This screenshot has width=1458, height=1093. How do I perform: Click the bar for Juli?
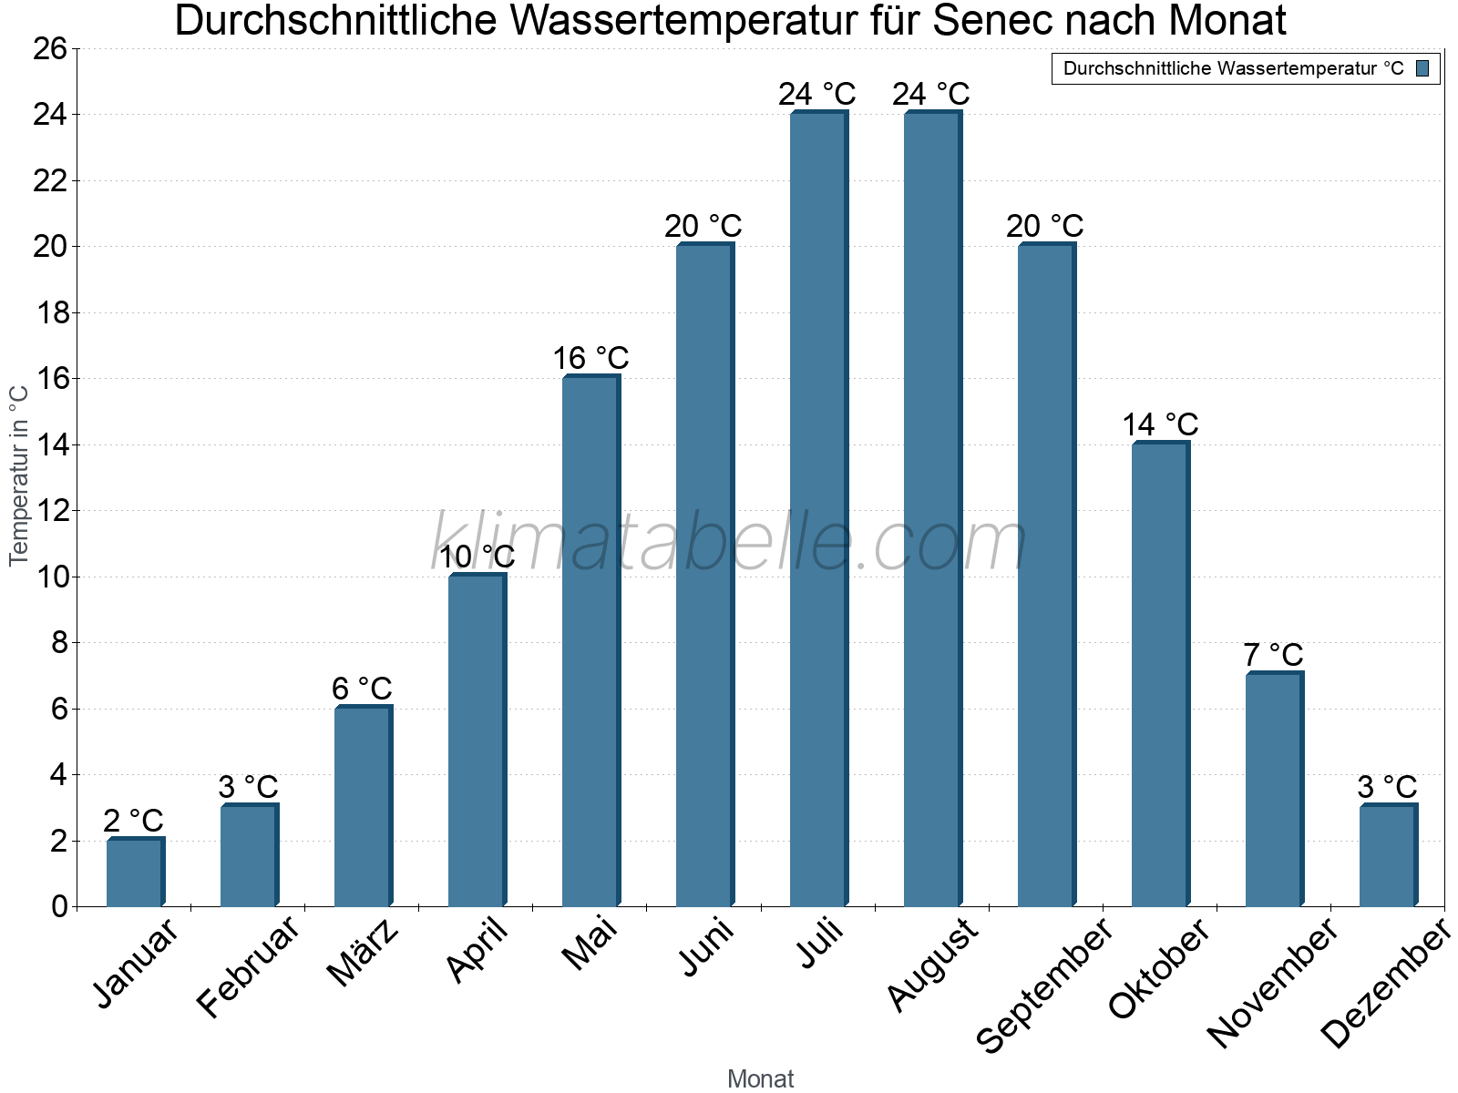(x=818, y=510)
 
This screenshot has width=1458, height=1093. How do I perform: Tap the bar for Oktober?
(x=1160, y=674)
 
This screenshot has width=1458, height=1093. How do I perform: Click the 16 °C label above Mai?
(x=590, y=358)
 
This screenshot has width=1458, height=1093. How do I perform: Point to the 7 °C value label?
(x=1273, y=655)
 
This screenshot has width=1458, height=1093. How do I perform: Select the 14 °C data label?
(x=1159, y=424)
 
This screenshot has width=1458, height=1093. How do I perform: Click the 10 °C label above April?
(x=477, y=557)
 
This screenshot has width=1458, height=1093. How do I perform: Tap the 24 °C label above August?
(x=930, y=94)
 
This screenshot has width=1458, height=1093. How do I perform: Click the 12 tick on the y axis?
(x=53, y=511)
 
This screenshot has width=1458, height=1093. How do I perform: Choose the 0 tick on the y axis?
(x=60, y=906)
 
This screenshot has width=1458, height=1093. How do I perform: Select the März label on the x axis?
(x=364, y=952)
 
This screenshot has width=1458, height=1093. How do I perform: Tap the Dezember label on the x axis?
(x=1385, y=984)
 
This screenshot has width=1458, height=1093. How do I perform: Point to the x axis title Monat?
(x=760, y=1079)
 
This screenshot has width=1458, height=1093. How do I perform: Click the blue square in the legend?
(x=1422, y=68)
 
